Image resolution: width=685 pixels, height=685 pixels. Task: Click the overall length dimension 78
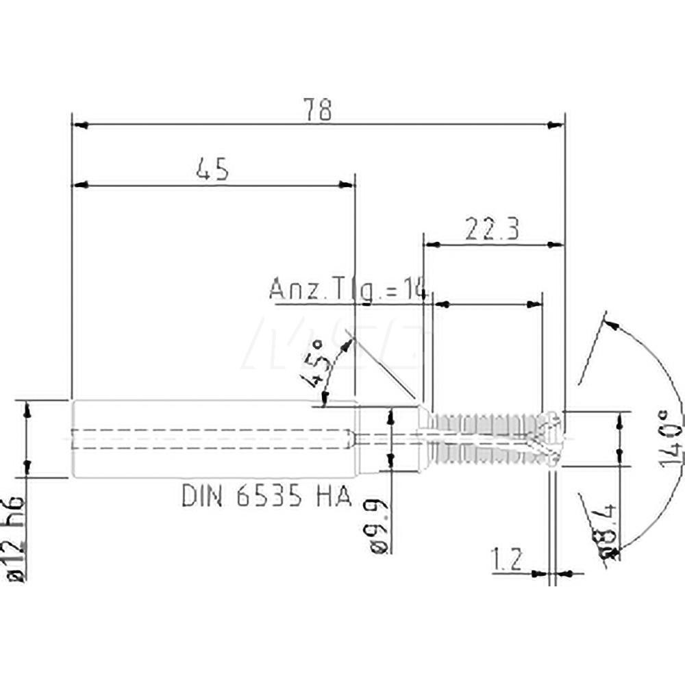pyautogui.click(x=319, y=110)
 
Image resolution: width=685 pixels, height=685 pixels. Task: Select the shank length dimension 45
pyautogui.click(x=212, y=169)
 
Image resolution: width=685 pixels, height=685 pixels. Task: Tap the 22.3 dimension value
pyautogui.click(x=491, y=229)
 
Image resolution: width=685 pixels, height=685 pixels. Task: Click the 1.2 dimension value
pyautogui.click(x=508, y=560)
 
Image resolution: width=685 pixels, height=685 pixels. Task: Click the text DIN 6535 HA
pyautogui.click(x=266, y=495)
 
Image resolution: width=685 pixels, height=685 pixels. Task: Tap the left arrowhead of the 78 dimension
pyautogui.click(x=80, y=125)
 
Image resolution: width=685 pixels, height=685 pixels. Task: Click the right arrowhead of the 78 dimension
pyautogui.click(x=556, y=125)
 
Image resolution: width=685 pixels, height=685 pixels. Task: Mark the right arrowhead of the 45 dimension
pyautogui.click(x=348, y=184)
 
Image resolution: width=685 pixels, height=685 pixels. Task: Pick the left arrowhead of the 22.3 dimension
pyautogui.click(x=431, y=243)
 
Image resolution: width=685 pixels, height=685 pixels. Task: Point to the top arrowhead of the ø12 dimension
pyautogui.click(x=27, y=409)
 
